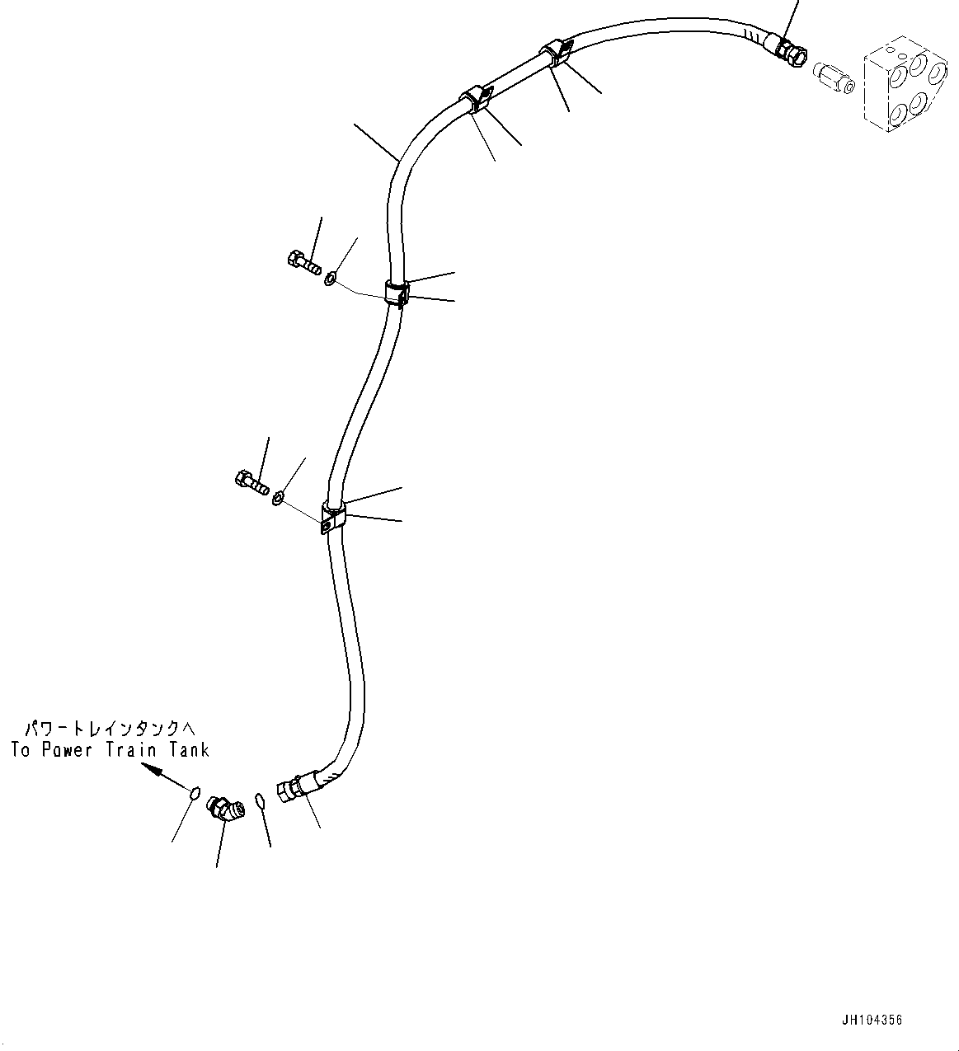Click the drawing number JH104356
coord(872,1021)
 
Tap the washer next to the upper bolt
coord(330,279)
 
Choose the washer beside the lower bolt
coord(280,497)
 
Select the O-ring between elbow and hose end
coord(260,801)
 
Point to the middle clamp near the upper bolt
coord(397,293)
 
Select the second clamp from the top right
coord(474,98)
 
